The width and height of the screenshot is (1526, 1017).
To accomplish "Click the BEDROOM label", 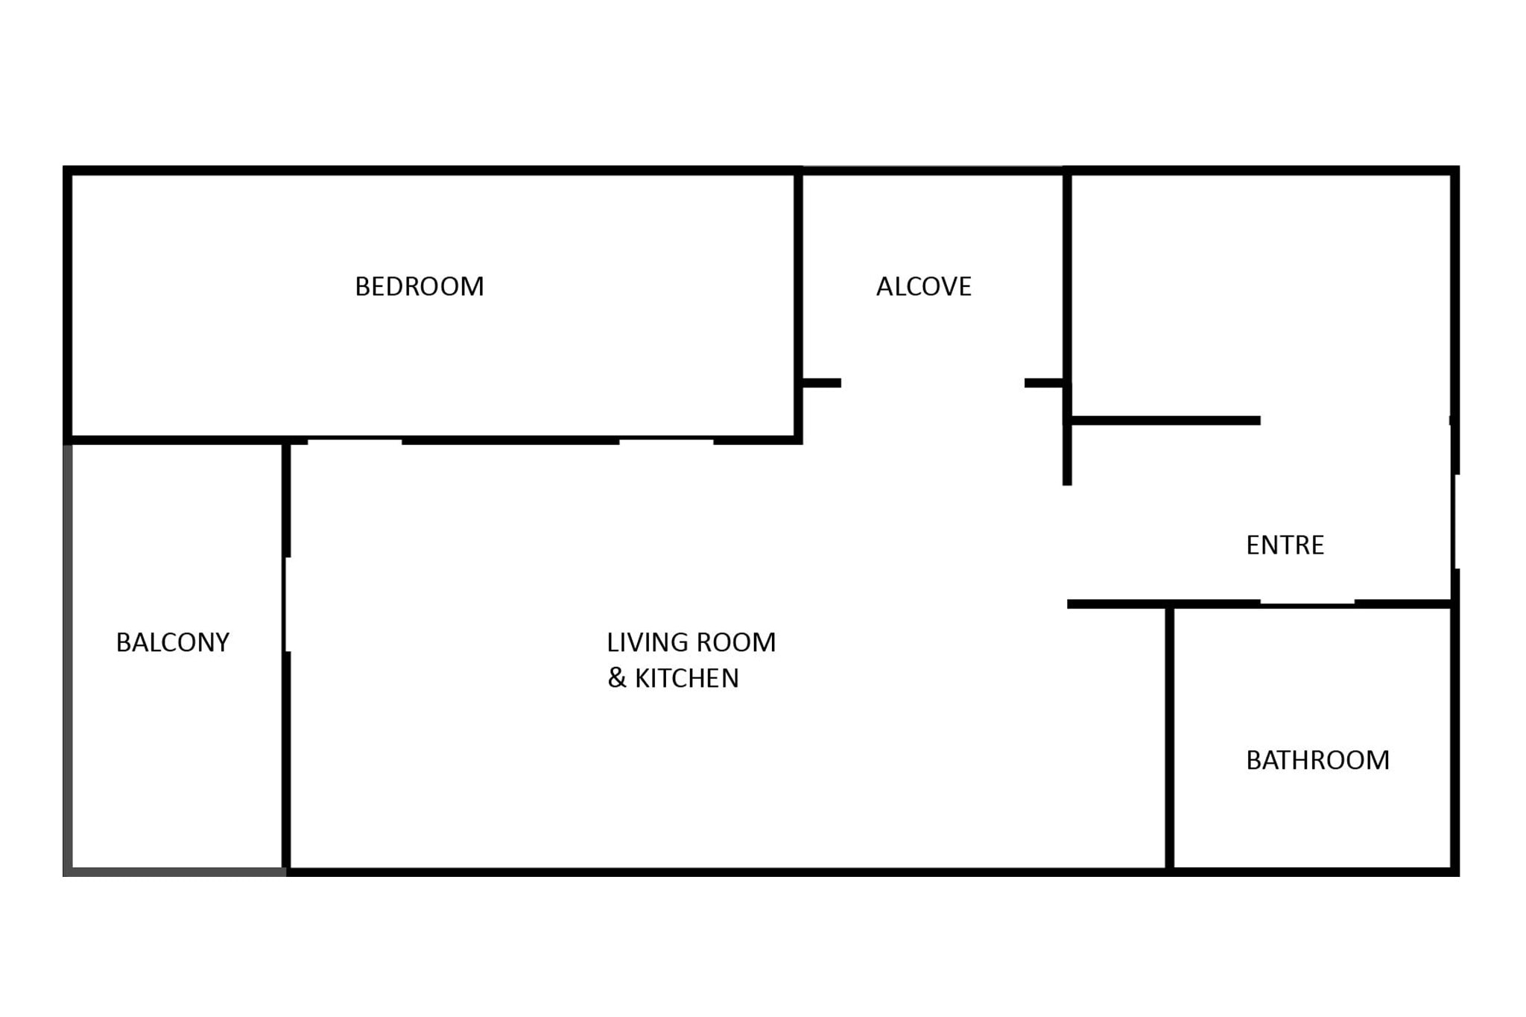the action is [420, 287].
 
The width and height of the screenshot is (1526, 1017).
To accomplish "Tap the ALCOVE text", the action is [924, 287].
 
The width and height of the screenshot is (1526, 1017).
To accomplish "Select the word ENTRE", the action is [1285, 545].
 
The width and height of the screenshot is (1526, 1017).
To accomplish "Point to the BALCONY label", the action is [173, 642].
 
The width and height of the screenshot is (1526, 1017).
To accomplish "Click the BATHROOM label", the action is [1318, 760].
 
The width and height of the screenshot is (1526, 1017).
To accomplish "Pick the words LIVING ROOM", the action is [691, 642].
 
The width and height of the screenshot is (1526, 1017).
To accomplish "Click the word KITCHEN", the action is [687, 678].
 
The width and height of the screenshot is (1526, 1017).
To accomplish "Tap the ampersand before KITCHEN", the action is [617, 678].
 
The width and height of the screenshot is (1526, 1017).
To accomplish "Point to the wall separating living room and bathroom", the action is [1170, 738].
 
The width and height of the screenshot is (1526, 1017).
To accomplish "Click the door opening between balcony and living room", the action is [287, 604].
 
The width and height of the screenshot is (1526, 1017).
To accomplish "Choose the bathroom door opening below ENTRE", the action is [1308, 603].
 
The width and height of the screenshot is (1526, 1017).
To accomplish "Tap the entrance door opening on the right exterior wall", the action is [1454, 522].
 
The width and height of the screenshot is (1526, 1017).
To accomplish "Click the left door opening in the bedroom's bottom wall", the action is [355, 440].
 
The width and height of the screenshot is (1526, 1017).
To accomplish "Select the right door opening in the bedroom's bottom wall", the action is [666, 440].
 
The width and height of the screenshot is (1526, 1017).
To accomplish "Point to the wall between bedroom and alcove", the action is [798, 305].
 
